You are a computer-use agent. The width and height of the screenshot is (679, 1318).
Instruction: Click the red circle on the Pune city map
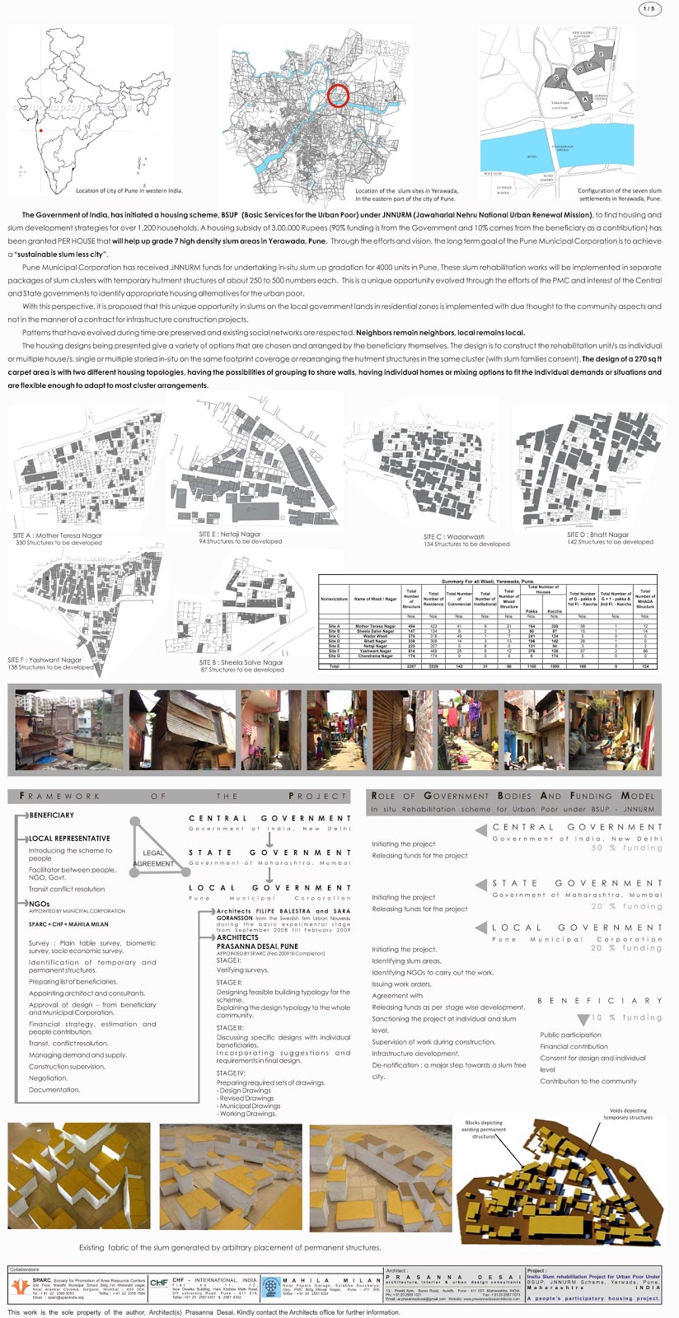click(x=339, y=96)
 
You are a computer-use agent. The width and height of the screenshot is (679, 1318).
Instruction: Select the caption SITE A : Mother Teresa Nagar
click(x=58, y=535)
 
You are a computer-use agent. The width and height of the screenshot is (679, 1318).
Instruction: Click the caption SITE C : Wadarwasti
click(x=454, y=536)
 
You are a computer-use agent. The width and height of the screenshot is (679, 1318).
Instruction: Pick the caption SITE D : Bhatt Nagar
click(x=597, y=535)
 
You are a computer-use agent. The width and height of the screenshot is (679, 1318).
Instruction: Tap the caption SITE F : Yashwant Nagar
click(x=45, y=660)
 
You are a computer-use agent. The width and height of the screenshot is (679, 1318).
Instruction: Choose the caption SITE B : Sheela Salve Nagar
click(x=241, y=662)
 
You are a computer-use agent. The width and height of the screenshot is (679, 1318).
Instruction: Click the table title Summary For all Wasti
click(x=488, y=581)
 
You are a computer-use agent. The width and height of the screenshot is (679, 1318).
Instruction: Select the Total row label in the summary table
click(x=334, y=666)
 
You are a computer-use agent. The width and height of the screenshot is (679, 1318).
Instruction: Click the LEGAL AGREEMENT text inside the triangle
click(x=153, y=858)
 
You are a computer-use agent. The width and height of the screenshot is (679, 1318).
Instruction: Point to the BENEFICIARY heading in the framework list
click(x=51, y=816)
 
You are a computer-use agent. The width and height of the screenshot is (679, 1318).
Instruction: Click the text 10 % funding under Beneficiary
click(x=627, y=1017)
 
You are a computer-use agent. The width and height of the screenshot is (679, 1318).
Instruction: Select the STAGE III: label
click(x=229, y=1027)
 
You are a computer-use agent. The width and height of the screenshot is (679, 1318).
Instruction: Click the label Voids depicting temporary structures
click(x=628, y=1114)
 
